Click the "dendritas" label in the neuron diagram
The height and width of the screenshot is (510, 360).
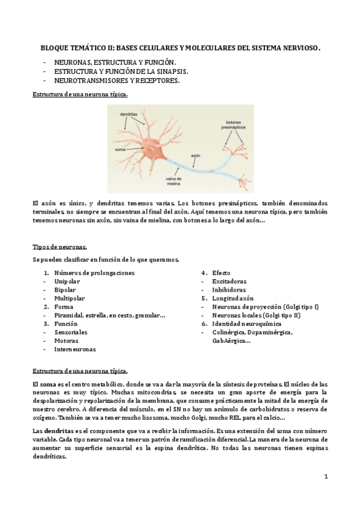(x=129, y=114)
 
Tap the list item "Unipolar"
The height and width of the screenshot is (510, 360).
(x=67, y=281)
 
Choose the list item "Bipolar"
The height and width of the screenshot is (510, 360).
(x=65, y=289)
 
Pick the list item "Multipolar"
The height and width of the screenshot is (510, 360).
(x=70, y=298)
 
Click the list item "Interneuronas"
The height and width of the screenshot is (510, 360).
(x=75, y=349)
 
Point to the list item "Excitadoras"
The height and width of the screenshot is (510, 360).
(x=229, y=281)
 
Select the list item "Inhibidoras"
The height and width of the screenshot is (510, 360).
(x=229, y=289)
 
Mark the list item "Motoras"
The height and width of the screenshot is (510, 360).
(x=66, y=340)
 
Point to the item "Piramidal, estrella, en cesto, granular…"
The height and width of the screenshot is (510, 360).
(x=109, y=315)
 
